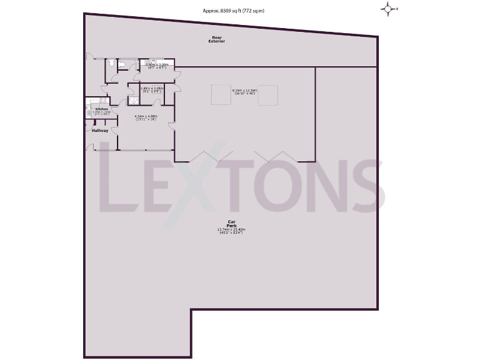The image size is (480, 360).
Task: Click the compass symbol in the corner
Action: tap(389, 9)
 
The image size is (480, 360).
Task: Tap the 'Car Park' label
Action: tap(231, 223)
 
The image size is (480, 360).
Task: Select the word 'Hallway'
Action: tap(100, 131)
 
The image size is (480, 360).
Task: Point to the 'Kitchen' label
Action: tap(102, 109)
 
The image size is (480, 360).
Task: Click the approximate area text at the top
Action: tap(234, 10)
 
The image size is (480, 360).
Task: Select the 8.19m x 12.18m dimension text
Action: tap(244, 92)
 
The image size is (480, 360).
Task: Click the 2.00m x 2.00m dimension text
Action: tap(156, 65)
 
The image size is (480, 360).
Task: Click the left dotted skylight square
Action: tap(219, 95)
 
